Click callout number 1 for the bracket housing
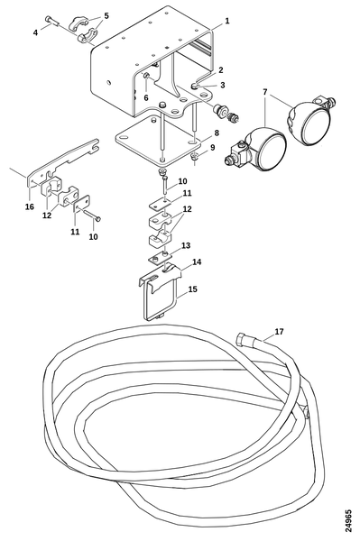(226, 21)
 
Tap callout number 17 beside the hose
(279, 332)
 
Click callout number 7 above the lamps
(264, 92)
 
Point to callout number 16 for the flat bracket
(30, 206)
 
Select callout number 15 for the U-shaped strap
(193, 289)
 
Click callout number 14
(197, 261)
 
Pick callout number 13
(186, 245)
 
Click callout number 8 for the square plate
(216, 133)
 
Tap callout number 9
(212, 147)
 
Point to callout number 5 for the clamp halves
(106, 15)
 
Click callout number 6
(146, 98)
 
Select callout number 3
(223, 85)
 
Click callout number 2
(221, 70)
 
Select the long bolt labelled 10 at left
(91, 216)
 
